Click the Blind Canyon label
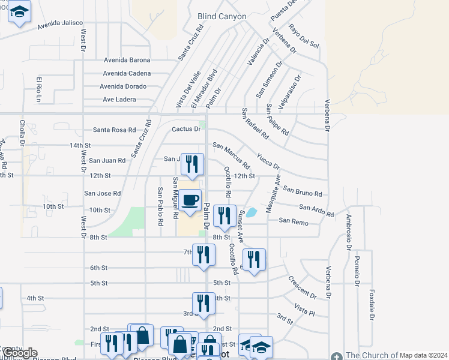(221, 16)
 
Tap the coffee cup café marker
(190, 200)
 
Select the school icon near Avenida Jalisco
(20, 13)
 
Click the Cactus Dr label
(185, 129)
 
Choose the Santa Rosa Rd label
(114, 130)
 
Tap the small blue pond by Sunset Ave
(252, 212)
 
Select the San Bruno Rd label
(303, 191)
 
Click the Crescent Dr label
(302, 287)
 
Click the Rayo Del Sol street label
(304, 36)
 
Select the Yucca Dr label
(268, 160)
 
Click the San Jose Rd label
(102, 193)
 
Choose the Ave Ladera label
(119, 99)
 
